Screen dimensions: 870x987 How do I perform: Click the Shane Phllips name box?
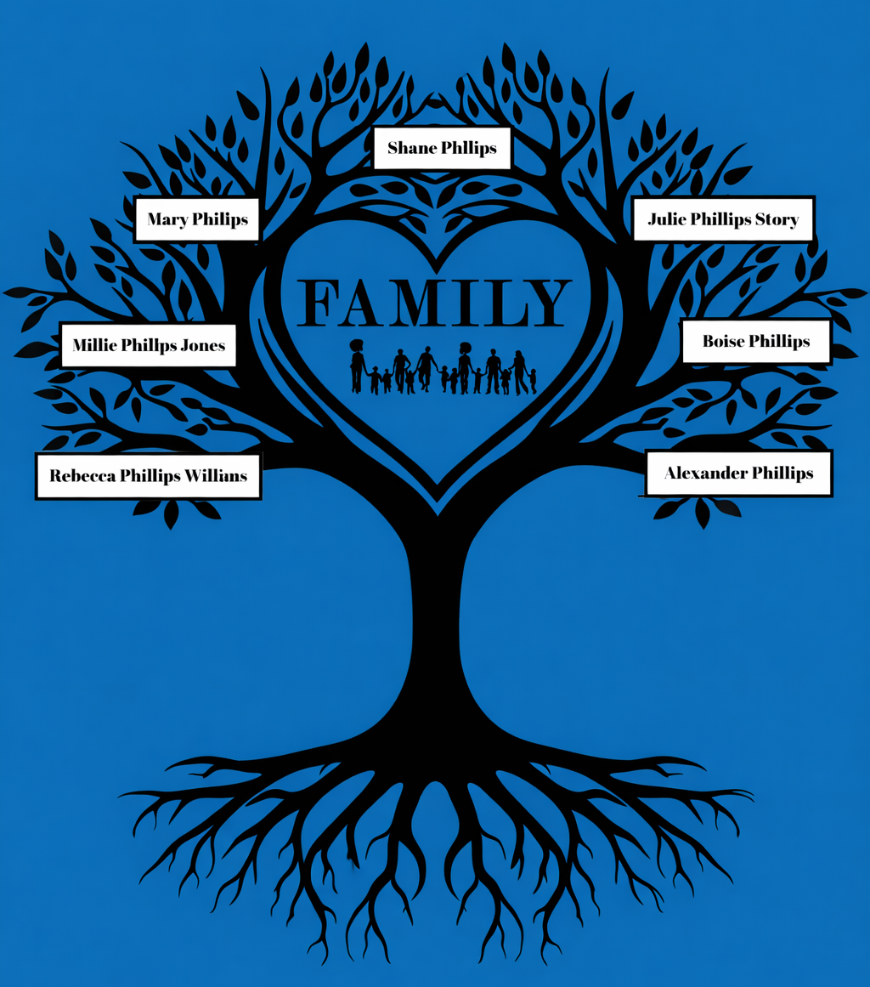442,148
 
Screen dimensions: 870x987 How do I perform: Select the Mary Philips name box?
197,219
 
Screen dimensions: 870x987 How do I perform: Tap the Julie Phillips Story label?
723,218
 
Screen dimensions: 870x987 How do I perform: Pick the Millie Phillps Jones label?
149,345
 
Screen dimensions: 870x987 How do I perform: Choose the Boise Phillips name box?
756,341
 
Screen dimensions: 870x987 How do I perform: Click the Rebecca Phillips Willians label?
149,476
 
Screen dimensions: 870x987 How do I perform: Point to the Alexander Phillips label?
738,473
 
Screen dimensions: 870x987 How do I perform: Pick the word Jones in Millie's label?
202,345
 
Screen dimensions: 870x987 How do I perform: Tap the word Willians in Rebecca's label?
215,475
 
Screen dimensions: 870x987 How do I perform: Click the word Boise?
723,341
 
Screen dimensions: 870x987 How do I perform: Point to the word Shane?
412,148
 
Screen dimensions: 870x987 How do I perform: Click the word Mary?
167,219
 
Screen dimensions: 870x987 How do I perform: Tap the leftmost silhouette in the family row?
358,366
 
